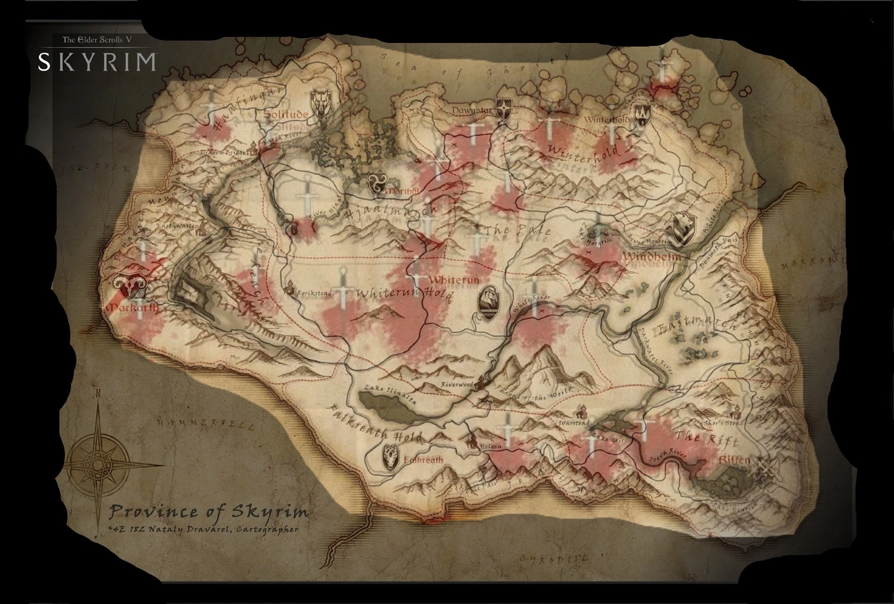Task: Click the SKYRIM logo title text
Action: coord(97,62)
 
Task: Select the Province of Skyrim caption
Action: coord(209,511)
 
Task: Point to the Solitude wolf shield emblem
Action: coord(320,103)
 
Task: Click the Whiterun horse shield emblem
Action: coord(488,301)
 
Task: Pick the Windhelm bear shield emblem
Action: coord(682,230)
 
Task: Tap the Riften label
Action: coord(734,461)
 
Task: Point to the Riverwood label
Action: coord(457,386)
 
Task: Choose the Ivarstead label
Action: coord(574,423)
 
